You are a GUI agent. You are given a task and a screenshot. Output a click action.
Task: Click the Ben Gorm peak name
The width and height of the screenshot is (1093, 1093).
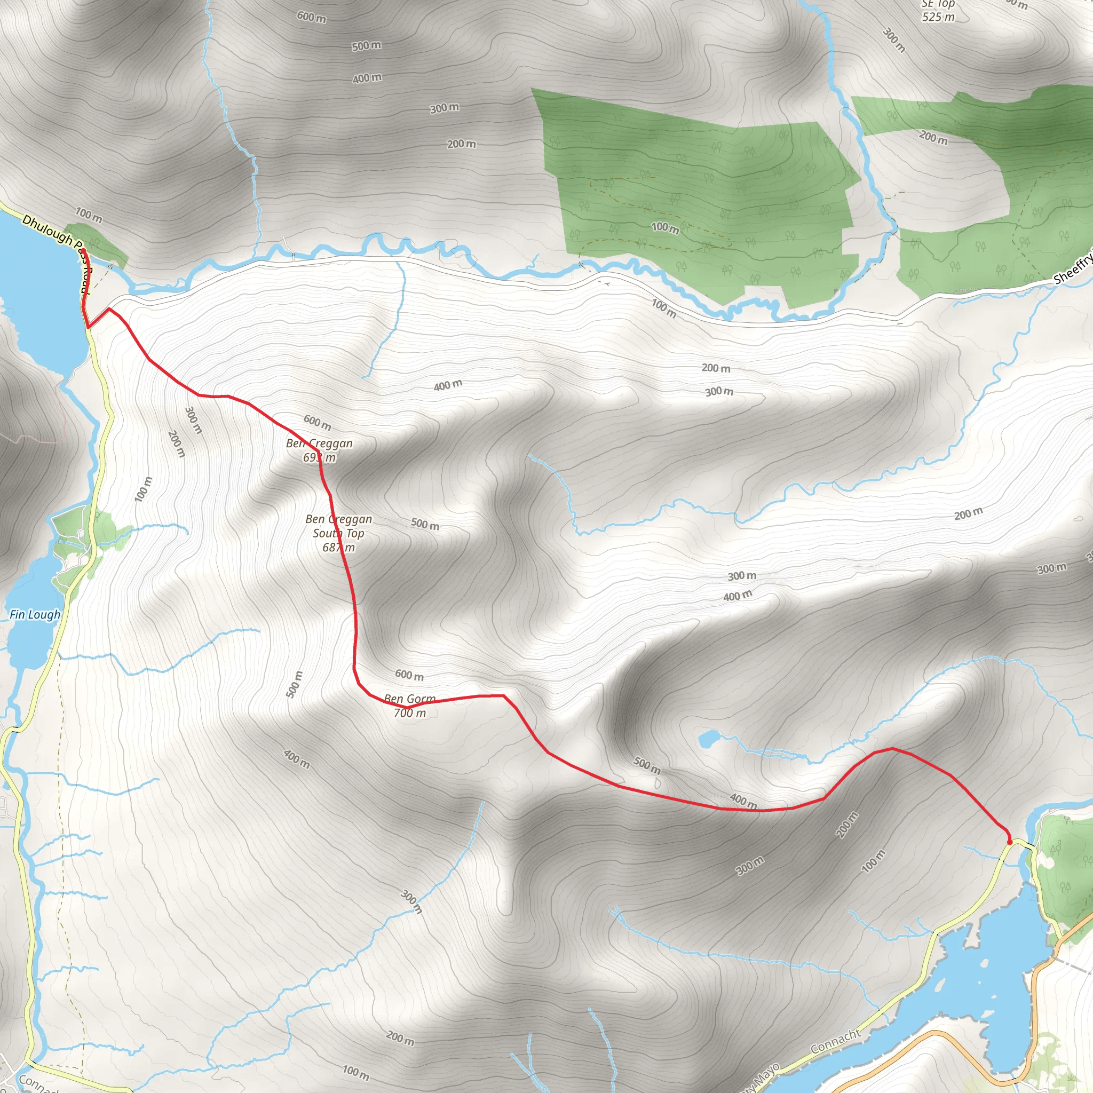[x=409, y=699]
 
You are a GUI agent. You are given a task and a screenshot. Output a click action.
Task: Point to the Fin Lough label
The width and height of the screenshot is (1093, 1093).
[x=35, y=614]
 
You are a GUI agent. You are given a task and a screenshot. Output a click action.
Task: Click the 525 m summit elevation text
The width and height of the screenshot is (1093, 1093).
[x=938, y=17]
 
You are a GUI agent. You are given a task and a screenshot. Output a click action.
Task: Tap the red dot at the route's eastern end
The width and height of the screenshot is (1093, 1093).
[x=1009, y=842]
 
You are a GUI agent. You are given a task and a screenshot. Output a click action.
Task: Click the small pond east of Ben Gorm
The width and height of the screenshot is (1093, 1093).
[x=708, y=738]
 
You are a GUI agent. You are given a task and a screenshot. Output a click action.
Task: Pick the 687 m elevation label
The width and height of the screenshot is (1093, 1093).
[x=338, y=548]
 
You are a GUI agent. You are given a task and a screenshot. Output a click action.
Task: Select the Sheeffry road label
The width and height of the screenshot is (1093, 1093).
[x=1073, y=270]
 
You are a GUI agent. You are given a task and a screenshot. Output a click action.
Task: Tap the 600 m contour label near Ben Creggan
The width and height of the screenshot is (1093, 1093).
[x=318, y=422]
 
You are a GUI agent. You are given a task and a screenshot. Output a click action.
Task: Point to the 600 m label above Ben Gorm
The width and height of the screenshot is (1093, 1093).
[x=409, y=675]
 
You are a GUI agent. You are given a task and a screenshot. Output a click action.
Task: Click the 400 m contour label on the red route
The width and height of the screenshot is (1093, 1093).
[x=743, y=801]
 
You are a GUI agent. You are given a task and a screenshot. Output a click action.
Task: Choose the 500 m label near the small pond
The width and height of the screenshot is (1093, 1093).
[x=647, y=765]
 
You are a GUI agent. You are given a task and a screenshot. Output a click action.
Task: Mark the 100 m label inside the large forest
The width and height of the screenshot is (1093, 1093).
[x=666, y=228]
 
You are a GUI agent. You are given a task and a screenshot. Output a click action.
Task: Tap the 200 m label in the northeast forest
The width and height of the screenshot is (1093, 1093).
[x=933, y=137]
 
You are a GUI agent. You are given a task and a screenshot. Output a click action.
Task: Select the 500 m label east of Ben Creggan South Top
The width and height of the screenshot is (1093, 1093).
[x=425, y=524]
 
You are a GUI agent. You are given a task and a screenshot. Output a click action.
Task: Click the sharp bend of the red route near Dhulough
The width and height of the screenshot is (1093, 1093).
[x=89, y=327]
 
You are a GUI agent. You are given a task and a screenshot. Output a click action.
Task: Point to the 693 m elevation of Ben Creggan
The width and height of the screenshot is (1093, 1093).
[x=319, y=458]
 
